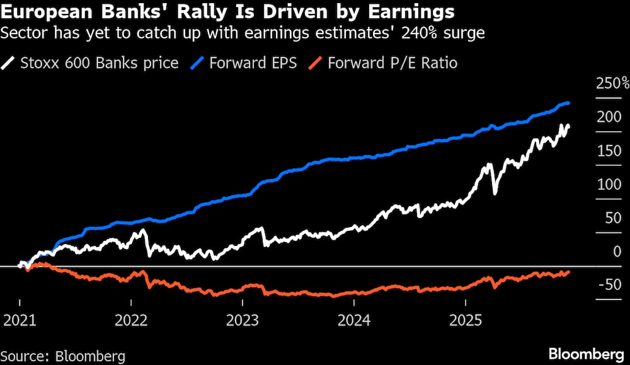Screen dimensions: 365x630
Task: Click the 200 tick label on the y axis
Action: (x=608, y=117)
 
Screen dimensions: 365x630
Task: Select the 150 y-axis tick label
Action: (x=608, y=151)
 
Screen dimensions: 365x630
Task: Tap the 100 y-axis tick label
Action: (x=608, y=185)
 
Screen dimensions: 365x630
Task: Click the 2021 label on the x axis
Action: (x=20, y=318)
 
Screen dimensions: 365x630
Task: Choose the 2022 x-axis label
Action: (x=131, y=318)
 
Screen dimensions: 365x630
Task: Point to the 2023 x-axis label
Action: (x=243, y=318)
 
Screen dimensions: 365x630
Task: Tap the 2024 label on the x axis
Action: (x=354, y=318)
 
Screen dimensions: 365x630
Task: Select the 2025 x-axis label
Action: (x=465, y=318)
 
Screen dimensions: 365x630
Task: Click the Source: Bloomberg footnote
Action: (x=63, y=355)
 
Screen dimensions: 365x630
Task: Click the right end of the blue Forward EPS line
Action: (x=568, y=103)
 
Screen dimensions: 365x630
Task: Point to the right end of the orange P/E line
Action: (x=568, y=272)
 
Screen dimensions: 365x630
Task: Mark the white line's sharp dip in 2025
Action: (x=495, y=191)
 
